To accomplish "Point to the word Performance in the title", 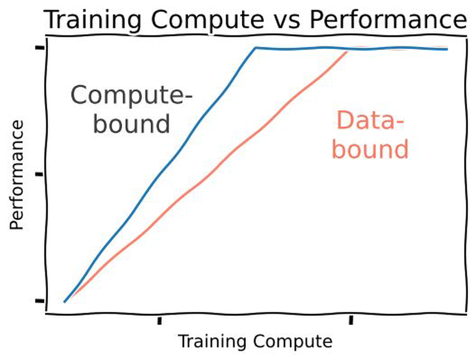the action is [388, 20].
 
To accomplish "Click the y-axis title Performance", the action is [17, 175].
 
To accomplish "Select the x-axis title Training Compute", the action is [255, 341].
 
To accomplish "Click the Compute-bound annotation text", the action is [131, 110].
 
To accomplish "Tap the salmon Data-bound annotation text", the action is [370, 135].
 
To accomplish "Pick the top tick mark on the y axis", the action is [40, 48].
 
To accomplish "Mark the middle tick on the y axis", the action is [39, 174].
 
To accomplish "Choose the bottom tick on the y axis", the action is [40, 301].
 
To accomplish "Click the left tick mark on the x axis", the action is [160, 321].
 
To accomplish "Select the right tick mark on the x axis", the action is [351, 320].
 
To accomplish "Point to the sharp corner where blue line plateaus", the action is [255, 47].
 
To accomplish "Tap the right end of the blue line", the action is [447, 49].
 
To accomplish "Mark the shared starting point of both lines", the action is [64, 302].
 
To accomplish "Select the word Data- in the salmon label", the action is [370, 121].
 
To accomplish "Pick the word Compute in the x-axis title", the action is [294, 342].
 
